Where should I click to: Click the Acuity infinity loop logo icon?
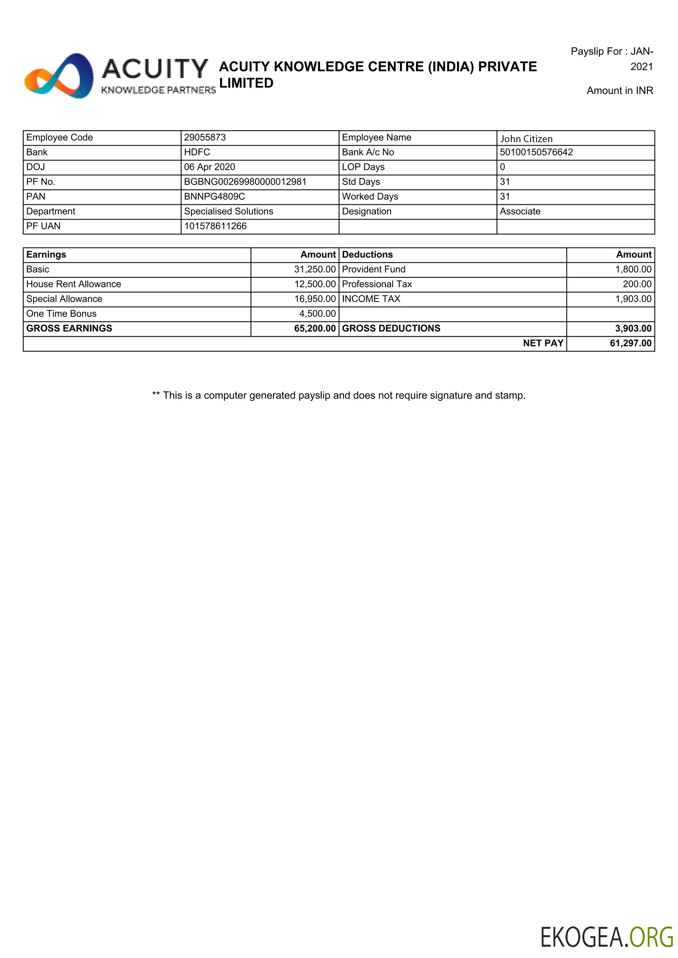[x=59, y=76]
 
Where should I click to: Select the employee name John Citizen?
[x=526, y=139]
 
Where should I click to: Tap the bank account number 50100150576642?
[x=536, y=152]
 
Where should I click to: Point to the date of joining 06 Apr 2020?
[x=209, y=167]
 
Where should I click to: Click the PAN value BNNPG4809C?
[x=214, y=196]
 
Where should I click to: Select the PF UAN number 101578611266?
[x=215, y=226]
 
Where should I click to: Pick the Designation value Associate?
[x=520, y=211]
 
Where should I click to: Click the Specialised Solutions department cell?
[x=228, y=211]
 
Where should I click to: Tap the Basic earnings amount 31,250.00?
[x=315, y=269]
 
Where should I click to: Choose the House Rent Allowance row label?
[x=73, y=284]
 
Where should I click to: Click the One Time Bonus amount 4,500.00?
[x=317, y=314]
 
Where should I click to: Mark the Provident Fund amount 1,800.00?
[x=633, y=269]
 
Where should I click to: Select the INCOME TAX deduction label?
[x=371, y=299]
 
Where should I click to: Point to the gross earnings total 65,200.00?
[x=315, y=328]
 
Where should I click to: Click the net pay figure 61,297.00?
[x=630, y=343]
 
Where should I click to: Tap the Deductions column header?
[x=367, y=255]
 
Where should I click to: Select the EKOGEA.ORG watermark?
[x=606, y=937]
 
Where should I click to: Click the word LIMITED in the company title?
[x=246, y=83]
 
